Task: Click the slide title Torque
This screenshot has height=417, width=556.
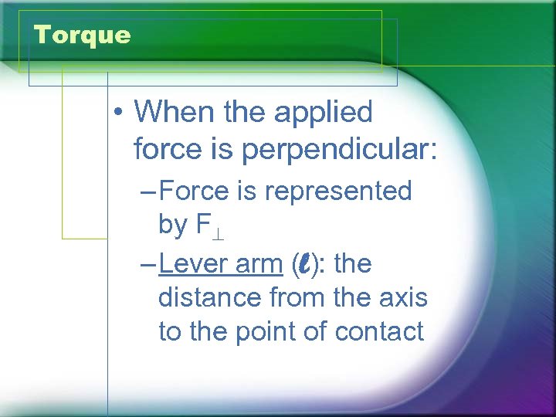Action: point(83,35)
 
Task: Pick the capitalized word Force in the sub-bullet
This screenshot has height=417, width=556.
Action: point(195,191)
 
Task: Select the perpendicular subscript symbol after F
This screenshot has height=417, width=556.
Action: point(219,229)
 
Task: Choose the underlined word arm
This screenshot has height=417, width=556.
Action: point(259,264)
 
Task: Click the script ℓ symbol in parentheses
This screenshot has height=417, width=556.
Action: point(305,264)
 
